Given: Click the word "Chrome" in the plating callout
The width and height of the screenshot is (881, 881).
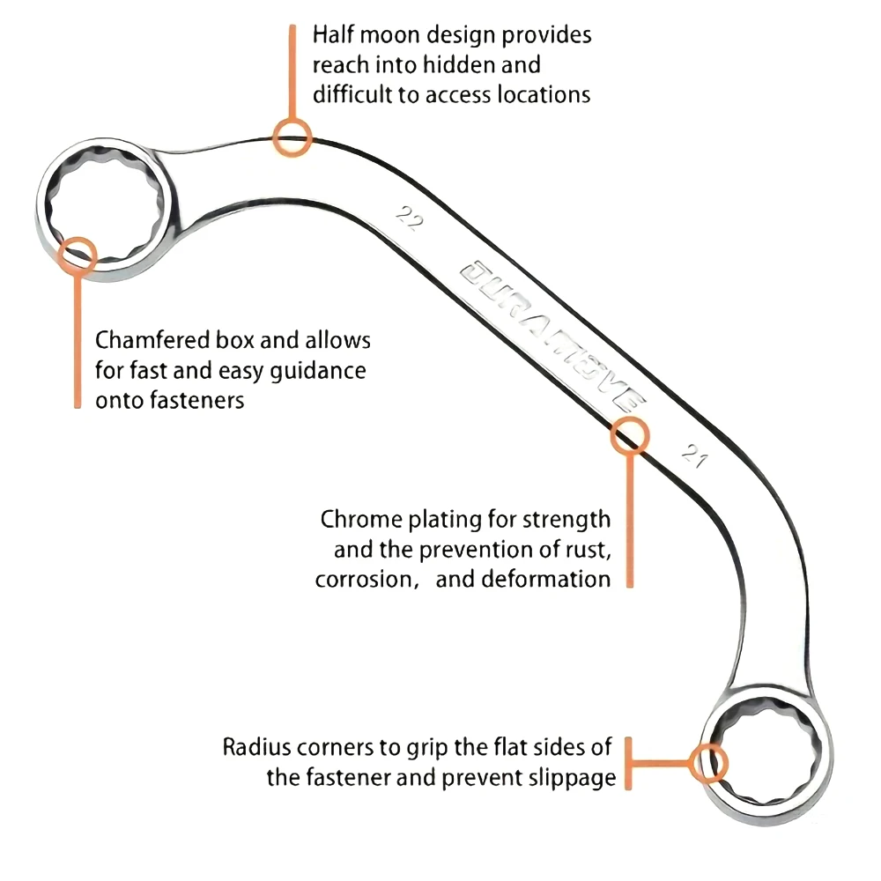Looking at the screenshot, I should click(x=356, y=518).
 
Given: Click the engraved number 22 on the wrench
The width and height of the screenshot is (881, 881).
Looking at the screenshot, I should click(x=407, y=218).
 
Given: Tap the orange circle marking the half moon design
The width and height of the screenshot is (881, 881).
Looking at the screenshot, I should click(x=292, y=138).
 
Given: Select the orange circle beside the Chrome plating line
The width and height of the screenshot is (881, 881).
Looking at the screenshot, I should click(x=629, y=435).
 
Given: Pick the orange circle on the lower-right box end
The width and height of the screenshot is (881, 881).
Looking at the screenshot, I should click(x=708, y=762).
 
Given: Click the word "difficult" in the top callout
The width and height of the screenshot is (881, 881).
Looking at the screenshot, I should click(x=353, y=94).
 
